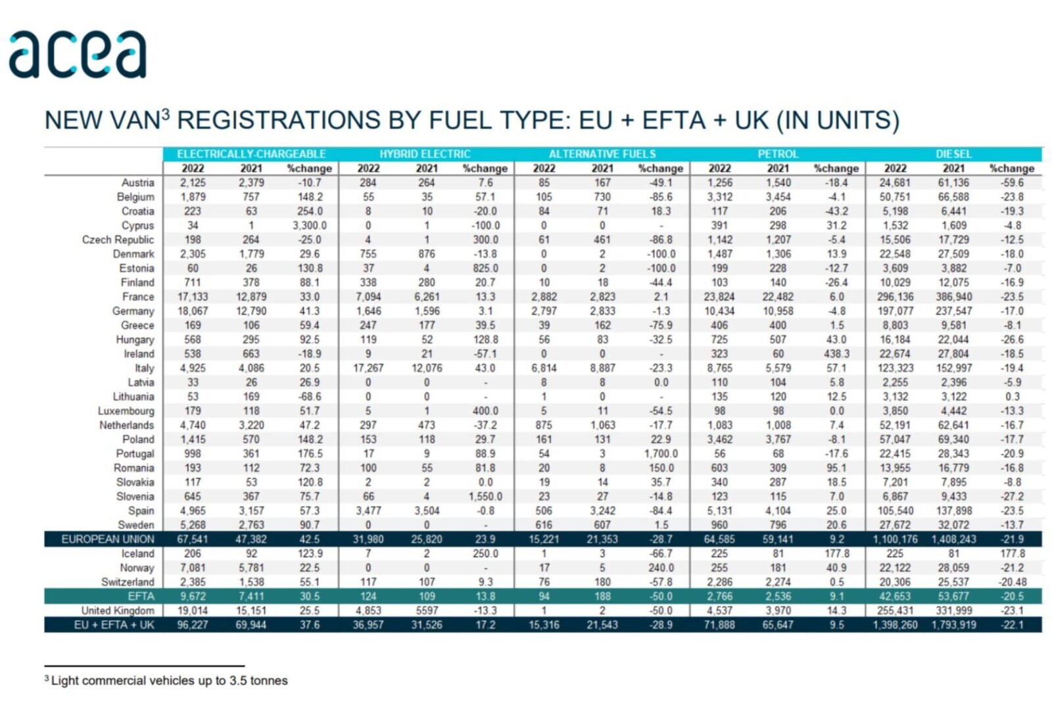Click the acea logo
point(78,55)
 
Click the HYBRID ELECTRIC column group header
point(425,154)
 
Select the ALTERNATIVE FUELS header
point(602,154)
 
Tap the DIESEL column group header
point(953,154)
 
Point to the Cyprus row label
point(137,226)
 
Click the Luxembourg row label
point(126,411)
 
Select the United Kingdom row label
point(118,611)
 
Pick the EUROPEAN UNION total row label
point(108,539)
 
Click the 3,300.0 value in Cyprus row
point(309,226)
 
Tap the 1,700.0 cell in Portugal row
point(661,454)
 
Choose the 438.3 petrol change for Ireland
point(836,354)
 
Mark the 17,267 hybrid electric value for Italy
point(368,368)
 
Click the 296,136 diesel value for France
point(895,297)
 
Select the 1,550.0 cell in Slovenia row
point(485,497)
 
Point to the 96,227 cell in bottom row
point(193,625)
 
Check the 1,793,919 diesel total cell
point(953,625)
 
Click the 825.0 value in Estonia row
point(485,268)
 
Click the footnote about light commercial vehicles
point(169,681)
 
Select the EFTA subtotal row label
point(141,597)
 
